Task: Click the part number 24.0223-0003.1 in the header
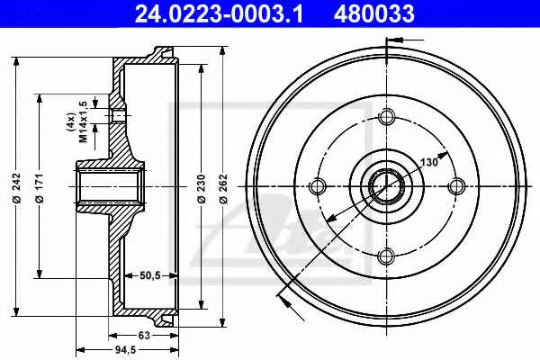pyautogui.click(x=219, y=14)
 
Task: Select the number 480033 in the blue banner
pyautogui.click(x=374, y=14)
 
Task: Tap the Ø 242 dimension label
pyautogui.click(x=17, y=188)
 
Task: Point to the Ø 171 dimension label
pyautogui.click(x=40, y=188)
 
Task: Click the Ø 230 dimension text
pyautogui.click(x=202, y=188)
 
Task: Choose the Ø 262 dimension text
pyautogui.click(x=223, y=188)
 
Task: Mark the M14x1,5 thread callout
pyautogui.click(x=83, y=121)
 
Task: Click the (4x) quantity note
pyautogui.click(x=70, y=121)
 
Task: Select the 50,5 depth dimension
pyautogui.click(x=150, y=275)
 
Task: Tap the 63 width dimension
pyautogui.click(x=144, y=335)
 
